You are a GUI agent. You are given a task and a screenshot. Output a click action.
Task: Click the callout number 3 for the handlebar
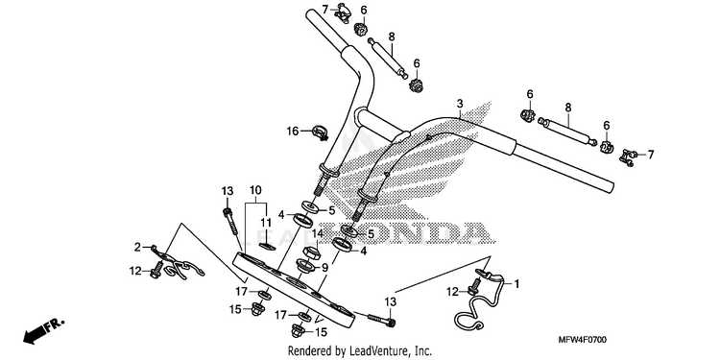460,104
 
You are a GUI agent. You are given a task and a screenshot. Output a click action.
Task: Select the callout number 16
293,132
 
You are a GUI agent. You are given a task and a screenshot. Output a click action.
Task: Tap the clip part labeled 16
320,132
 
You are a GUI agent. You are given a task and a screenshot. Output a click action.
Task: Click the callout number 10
255,190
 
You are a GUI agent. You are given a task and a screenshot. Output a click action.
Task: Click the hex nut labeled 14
310,252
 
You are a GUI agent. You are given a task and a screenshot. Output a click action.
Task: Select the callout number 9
325,267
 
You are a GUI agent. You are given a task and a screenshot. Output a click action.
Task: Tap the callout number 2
137,248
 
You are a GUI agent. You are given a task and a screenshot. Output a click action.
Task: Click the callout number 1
516,284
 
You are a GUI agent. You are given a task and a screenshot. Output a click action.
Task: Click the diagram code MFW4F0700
583,340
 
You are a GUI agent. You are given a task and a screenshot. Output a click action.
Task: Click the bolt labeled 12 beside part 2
156,270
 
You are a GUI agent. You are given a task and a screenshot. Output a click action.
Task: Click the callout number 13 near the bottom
390,301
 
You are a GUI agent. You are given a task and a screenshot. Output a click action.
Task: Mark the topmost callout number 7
324,9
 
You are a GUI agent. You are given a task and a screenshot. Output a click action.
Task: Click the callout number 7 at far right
650,155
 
